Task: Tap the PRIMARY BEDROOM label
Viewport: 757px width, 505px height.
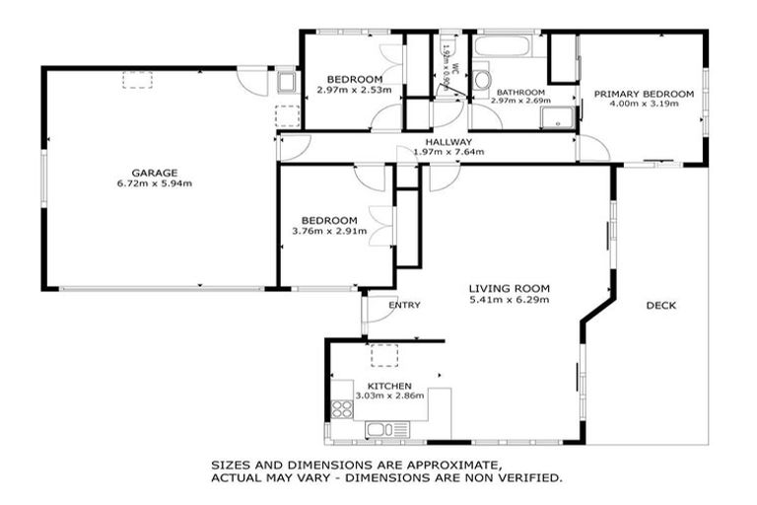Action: (644, 94)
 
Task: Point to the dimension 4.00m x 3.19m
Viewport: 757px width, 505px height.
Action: (644, 104)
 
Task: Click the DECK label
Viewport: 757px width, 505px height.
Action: (660, 305)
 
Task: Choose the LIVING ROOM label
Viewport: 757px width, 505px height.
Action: (508, 289)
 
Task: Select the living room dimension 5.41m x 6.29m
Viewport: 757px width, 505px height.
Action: (508, 300)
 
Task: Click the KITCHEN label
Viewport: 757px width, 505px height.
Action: (389, 386)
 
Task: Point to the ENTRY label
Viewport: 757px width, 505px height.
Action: (404, 305)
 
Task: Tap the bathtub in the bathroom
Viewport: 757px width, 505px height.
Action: (505, 45)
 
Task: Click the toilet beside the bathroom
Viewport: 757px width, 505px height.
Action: (483, 79)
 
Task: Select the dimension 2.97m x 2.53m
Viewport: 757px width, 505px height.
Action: (354, 90)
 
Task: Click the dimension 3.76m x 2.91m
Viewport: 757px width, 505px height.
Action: (329, 232)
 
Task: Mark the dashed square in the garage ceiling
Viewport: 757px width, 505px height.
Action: (135, 81)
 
